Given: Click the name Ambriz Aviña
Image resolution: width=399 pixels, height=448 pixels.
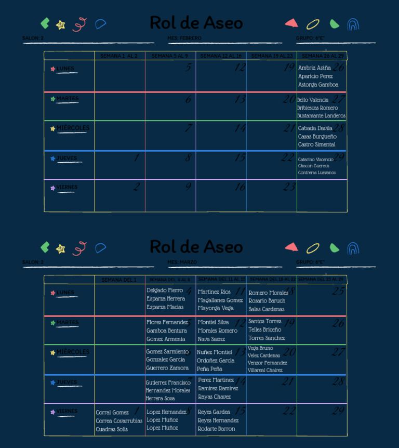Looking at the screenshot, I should tap(314, 68).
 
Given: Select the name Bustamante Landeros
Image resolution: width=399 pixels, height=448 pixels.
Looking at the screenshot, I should tap(321, 116).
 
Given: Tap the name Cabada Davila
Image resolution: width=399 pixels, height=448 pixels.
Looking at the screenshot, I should tap(315, 128).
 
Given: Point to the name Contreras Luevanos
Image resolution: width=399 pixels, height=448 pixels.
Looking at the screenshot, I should tap(316, 173).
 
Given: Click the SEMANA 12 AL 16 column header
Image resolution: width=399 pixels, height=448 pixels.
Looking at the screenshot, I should tap(221, 56).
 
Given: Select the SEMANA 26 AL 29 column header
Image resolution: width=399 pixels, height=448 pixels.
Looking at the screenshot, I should tap(323, 56).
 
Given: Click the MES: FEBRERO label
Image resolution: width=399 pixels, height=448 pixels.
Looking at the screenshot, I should tap(184, 38).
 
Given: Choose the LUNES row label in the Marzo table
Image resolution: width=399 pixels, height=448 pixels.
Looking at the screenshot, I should tap(65, 293).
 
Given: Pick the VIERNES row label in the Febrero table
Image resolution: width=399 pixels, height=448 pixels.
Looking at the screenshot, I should tap(67, 188).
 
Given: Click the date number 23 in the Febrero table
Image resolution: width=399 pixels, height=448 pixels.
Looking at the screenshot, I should tap(289, 187).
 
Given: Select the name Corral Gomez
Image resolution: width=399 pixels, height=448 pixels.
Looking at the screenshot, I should tap(112, 413).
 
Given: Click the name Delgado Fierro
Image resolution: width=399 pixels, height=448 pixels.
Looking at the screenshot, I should tap(165, 291).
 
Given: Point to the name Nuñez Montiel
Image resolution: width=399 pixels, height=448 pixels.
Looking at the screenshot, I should tap(215, 352).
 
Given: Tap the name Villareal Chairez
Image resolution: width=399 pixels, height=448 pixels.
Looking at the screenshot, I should tap(265, 371).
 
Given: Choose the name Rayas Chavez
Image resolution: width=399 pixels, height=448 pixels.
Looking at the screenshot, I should tap(214, 397).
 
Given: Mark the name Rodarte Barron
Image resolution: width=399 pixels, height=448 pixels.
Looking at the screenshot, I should tap(216, 429).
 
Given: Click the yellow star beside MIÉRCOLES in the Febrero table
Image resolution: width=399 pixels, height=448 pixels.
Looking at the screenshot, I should tap(52, 129).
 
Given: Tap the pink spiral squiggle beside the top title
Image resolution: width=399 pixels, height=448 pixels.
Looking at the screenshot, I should tap(79, 24).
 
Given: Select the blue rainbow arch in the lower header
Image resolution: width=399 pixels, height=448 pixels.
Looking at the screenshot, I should tap(353, 248).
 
